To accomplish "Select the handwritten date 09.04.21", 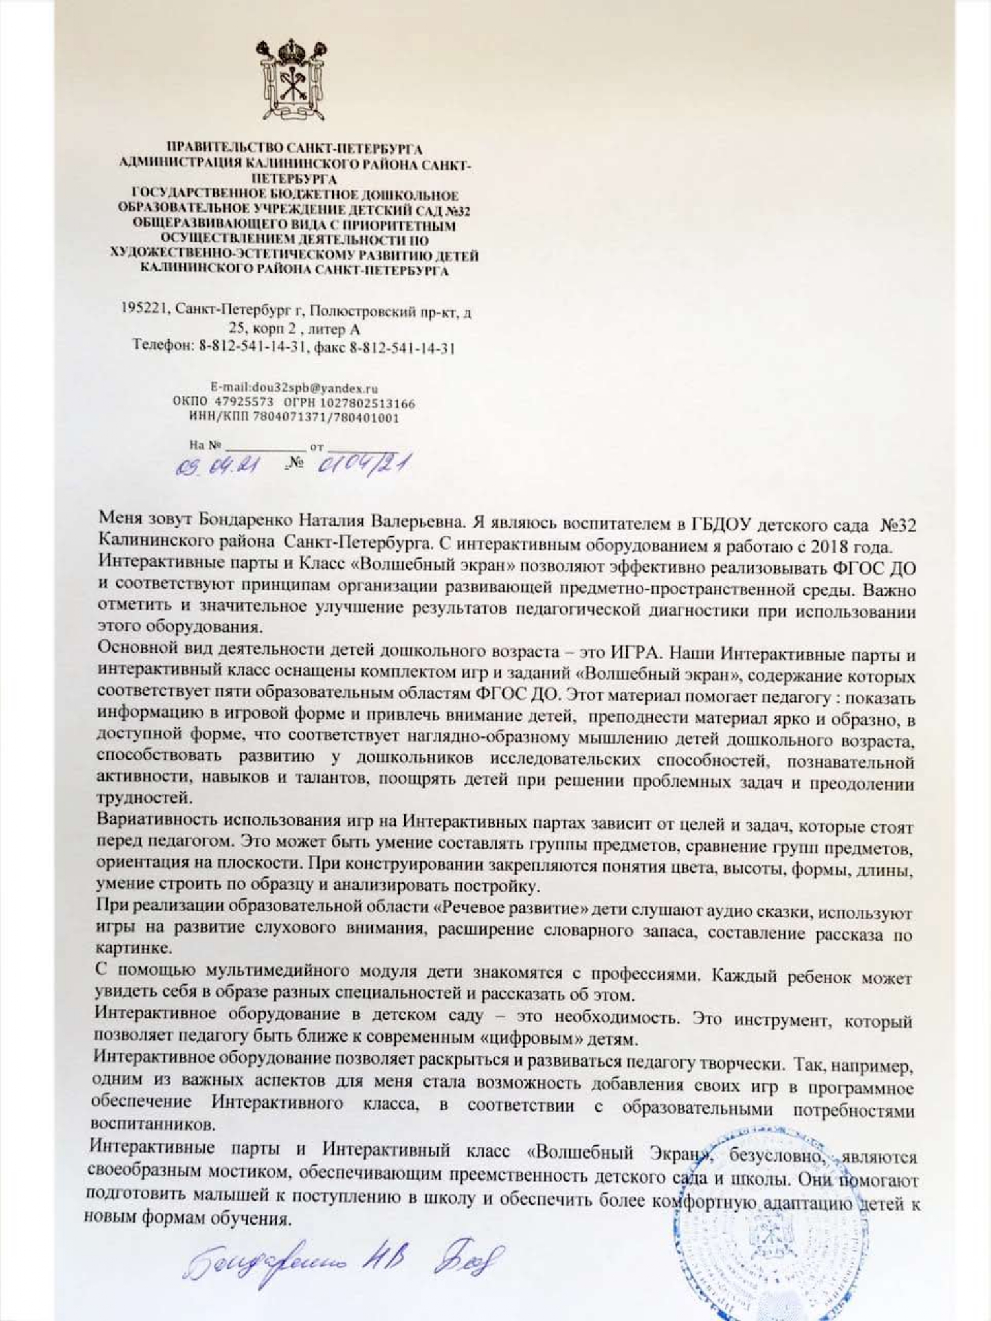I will [217, 468].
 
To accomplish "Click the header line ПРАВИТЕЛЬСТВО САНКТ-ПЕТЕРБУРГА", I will [295, 149].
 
